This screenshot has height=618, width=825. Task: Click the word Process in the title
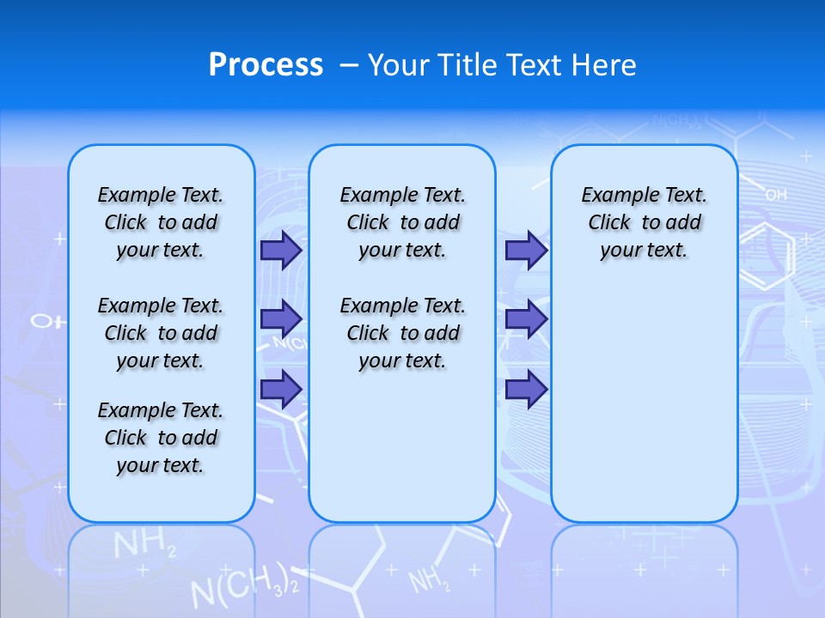[x=266, y=65]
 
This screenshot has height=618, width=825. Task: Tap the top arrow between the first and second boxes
[x=281, y=250]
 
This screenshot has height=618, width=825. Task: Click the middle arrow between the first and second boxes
[x=281, y=319]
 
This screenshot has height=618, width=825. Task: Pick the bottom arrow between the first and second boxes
[x=281, y=389]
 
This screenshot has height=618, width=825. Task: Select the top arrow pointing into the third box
[x=526, y=250]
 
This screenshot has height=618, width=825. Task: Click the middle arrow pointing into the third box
[x=526, y=319]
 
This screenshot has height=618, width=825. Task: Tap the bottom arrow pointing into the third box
[x=526, y=389]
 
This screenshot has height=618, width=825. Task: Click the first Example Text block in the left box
[x=161, y=222]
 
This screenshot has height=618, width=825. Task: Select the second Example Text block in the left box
[x=161, y=333]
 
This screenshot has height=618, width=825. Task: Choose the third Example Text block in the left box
[x=161, y=438]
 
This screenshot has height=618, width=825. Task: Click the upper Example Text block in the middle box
[x=402, y=222]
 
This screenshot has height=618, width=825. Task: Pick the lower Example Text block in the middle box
[x=402, y=333]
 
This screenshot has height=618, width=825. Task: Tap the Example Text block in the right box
[x=644, y=222]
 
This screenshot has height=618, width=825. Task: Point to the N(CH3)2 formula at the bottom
[x=244, y=586]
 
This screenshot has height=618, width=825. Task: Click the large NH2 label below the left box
[x=144, y=545]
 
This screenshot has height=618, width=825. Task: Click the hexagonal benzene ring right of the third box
[x=767, y=255]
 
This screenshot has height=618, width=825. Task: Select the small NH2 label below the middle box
[x=429, y=581]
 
